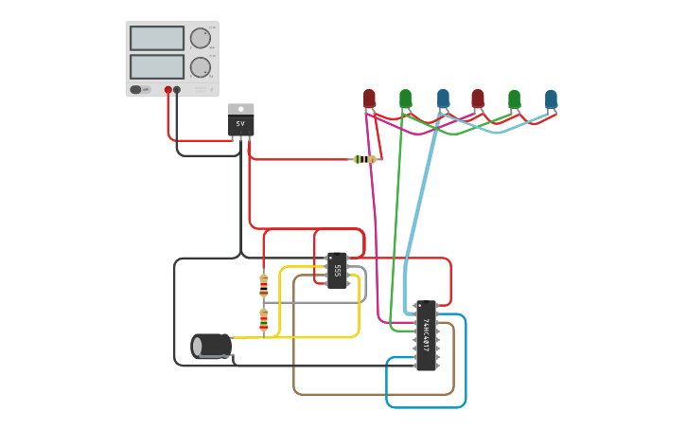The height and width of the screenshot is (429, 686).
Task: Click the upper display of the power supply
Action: (156, 38)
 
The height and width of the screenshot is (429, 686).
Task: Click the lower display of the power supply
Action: (156, 66)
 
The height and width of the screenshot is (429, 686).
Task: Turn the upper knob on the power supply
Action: (200, 38)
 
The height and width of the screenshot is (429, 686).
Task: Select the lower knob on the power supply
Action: (200, 67)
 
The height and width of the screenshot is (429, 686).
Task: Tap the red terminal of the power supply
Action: (168, 90)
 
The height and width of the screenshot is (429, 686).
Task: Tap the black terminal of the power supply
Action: (177, 90)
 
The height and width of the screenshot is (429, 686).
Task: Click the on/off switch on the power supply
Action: (136, 90)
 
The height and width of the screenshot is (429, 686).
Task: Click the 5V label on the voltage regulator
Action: (240, 124)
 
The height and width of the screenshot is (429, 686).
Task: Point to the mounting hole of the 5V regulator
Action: (240, 109)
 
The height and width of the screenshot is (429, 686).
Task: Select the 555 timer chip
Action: (337, 270)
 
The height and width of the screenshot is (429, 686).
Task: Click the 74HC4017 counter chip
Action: (426, 335)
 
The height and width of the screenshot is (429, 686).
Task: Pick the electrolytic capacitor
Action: (211, 346)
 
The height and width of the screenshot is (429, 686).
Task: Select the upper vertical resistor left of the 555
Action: (263, 284)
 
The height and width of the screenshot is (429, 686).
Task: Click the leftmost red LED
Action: (369, 98)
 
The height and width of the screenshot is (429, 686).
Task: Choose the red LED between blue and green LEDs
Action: (478, 98)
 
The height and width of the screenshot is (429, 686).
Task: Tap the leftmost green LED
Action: (405, 98)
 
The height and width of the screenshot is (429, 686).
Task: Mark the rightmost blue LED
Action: (551, 98)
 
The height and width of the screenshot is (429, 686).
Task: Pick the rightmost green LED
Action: (514, 98)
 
